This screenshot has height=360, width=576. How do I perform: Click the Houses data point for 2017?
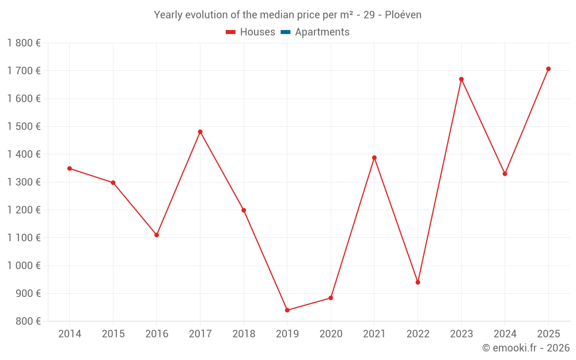[x=200, y=132]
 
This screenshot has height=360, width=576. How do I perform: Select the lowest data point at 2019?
[x=287, y=310]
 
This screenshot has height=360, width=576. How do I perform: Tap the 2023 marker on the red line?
[x=461, y=79]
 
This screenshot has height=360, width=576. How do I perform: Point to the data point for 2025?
[x=548, y=69]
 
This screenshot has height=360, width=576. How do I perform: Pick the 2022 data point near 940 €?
[x=418, y=282]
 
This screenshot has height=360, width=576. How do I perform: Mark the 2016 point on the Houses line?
[x=157, y=235]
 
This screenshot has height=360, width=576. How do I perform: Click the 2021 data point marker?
[x=374, y=158]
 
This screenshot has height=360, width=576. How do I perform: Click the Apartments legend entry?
[x=322, y=32]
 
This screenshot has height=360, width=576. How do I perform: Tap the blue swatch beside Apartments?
[x=285, y=32]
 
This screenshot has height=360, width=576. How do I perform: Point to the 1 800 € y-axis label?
[x=24, y=43]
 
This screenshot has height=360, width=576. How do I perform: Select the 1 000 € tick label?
[x=24, y=266]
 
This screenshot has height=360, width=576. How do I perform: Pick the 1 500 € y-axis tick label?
[x=24, y=127]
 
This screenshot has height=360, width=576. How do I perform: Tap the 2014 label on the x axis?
[x=70, y=334]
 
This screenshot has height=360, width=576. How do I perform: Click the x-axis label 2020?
[x=331, y=334]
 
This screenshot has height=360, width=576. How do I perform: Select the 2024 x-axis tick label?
[x=505, y=334]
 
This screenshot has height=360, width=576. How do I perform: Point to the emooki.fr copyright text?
[x=526, y=348]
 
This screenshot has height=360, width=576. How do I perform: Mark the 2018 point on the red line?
[x=244, y=210]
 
